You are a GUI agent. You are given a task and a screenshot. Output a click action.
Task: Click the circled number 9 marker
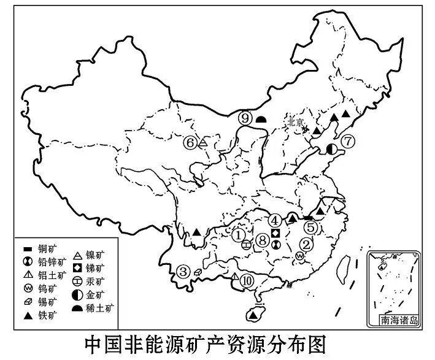pos(246,118)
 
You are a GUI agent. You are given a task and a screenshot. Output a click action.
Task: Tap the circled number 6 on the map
pos(190,143)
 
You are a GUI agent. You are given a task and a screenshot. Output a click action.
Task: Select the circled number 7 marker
pos(348,141)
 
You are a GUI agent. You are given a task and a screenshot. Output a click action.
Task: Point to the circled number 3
pos(183,271)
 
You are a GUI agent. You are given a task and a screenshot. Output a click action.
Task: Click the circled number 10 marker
pos(247,280)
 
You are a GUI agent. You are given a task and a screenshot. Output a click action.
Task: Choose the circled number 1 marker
pos(239,234)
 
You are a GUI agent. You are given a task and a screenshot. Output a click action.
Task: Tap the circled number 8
pos(263,240)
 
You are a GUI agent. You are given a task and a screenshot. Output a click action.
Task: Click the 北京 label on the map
pos(295,122)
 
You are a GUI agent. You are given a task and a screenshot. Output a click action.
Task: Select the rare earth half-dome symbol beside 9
pos(261,119)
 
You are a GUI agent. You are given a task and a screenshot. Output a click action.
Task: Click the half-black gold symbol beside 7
pos(332,148)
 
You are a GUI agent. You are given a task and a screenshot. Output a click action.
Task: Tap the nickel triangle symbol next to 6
pos(204,143)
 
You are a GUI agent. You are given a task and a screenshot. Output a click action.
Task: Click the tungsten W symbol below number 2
pos(299,255)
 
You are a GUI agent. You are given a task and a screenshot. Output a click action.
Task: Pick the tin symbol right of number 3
pos(198,271)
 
